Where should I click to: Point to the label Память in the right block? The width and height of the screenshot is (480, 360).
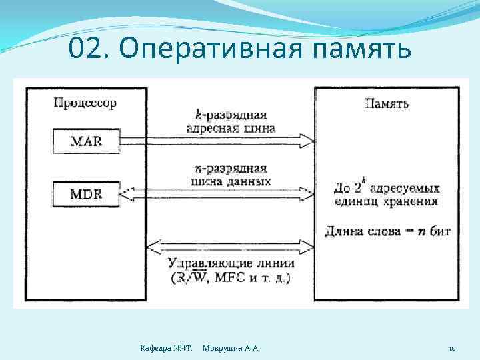pos(387,103)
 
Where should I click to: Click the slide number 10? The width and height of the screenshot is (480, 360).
pos(451,349)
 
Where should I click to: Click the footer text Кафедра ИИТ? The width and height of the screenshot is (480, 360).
pos(167,349)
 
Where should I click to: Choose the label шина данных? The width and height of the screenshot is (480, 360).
pos(230,181)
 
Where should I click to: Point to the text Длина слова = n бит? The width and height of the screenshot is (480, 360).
pos(387,231)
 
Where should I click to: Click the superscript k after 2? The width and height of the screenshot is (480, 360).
pos(366,181)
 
